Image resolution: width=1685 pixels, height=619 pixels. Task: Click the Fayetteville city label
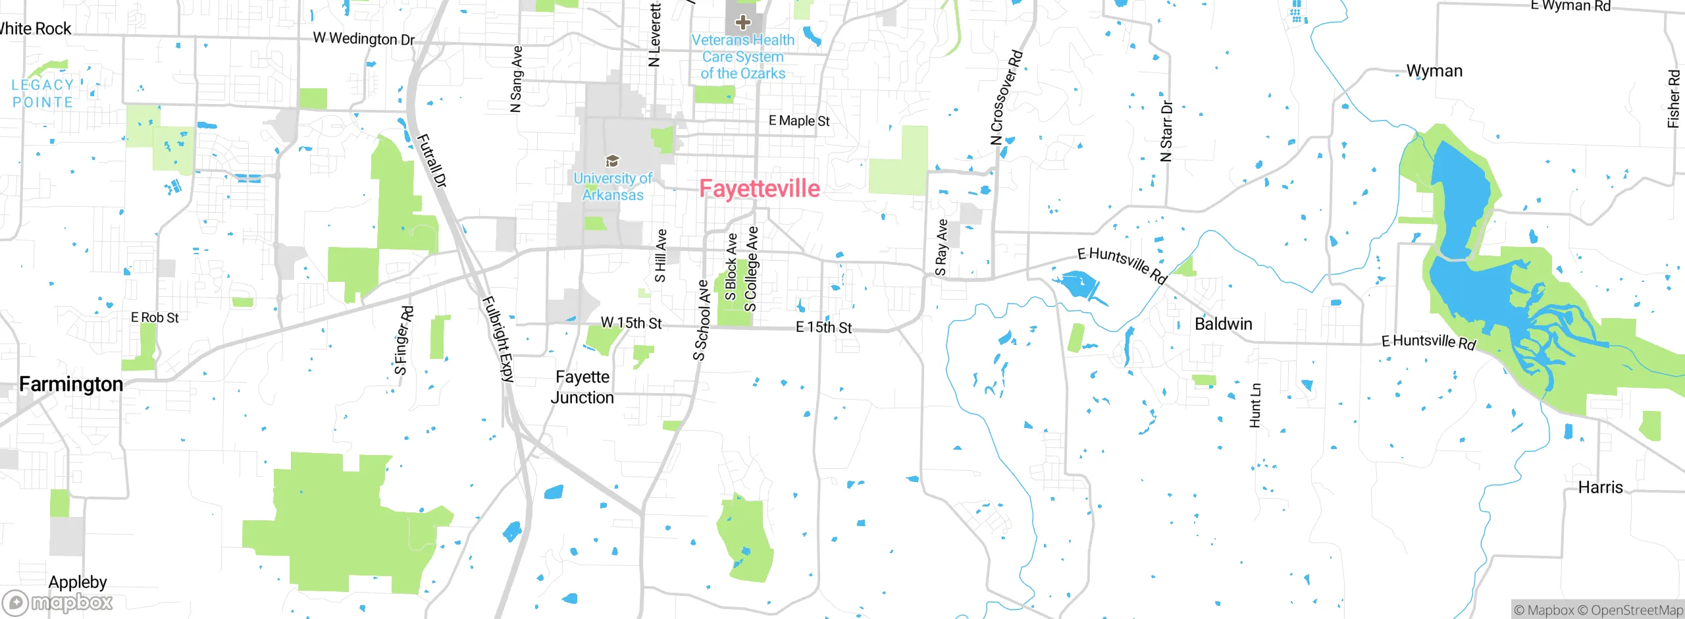[x=759, y=189]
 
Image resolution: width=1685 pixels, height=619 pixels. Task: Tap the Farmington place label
[x=71, y=384]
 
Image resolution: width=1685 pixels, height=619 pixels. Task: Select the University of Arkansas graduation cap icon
[x=612, y=161]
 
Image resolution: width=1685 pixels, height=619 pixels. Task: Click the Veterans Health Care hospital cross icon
[x=742, y=22]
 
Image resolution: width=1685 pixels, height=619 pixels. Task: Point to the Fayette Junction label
[x=583, y=387]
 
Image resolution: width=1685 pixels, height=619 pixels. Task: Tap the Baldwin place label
[x=1223, y=324]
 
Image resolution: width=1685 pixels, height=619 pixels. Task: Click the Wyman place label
[x=1434, y=71]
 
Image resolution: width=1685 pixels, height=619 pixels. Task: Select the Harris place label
[x=1600, y=487]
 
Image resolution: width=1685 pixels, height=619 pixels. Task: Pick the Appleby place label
[x=78, y=582]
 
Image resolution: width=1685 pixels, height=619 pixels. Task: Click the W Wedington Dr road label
[x=364, y=39]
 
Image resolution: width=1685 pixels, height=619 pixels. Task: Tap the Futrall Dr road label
[x=432, y=161]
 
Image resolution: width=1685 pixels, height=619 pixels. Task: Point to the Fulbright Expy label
[x=498, y=339]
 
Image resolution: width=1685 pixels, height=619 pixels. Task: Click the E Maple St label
[x=799, y=121]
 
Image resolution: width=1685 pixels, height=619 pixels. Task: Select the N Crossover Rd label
[x=1007, y=97]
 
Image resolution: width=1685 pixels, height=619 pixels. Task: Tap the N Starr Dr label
[x=1166, y=131]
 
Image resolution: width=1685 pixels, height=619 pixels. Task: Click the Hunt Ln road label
[x=1255, y=406]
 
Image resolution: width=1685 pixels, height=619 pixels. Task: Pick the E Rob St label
[x=155, y=318]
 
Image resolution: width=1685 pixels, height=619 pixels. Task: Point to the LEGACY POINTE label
[x=43, y=94]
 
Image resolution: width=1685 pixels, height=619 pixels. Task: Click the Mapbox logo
[x=58, y=602]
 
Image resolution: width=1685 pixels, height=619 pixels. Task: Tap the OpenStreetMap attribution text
[x=1636, y=610]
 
